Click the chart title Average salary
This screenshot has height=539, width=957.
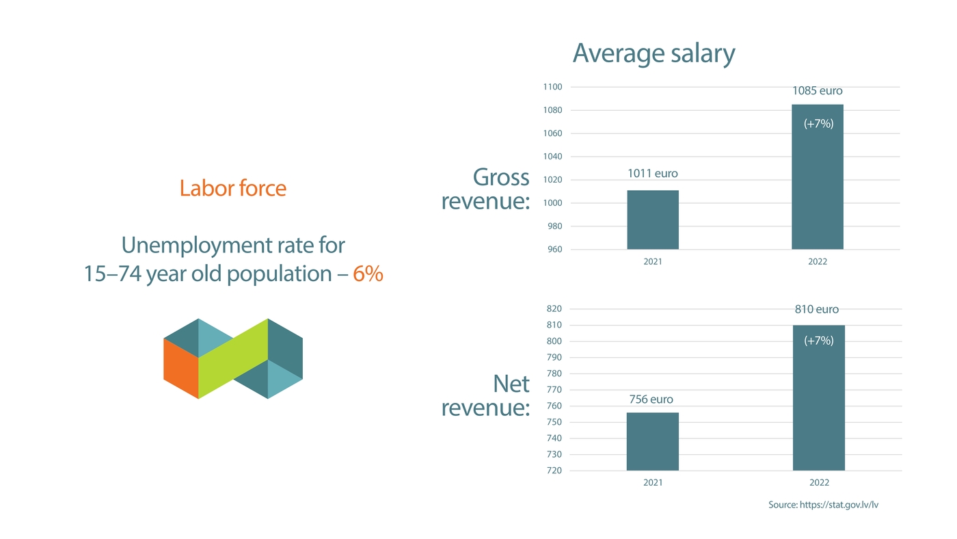(653, 53)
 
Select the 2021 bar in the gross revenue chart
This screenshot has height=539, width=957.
(653, 220)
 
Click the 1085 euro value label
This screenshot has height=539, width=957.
(818, 90)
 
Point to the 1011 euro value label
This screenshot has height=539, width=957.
(653, 174)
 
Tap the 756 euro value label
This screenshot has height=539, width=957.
(651, 399)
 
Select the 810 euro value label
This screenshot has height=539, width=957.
(816, 309)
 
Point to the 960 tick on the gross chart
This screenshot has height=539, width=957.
(555, 250)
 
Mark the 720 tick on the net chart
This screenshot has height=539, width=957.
(554, 471)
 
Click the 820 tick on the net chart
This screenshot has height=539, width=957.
(554, 309)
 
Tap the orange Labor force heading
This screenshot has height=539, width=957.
(232, 188)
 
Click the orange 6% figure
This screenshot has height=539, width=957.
(368, 274)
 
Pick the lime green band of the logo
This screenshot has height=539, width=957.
(232, 358)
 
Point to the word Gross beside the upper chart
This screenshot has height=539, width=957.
(501, 177)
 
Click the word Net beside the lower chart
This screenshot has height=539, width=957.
(511, 384)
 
